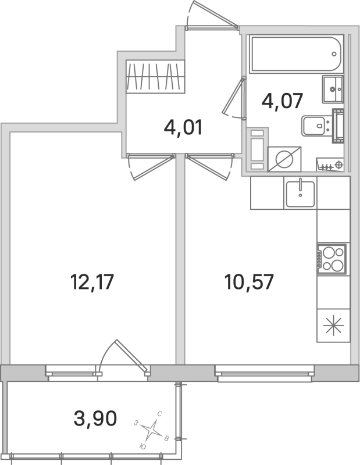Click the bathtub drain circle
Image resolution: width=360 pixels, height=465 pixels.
pyautogui.click(x=335, y=53)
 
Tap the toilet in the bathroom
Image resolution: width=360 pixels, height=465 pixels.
pyautogui.click(x=318, y=124)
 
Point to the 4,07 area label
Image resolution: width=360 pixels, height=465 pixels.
pyautogui.click(x=283, y=102)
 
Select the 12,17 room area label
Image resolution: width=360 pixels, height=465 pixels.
pyautogui.click(x=91, y=283)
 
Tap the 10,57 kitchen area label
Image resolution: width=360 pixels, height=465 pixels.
pyautogui.click(x=249, y=283)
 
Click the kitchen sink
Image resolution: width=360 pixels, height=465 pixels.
pyautogui.click(x=300, y=194)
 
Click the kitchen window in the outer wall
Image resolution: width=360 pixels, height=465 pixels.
pyautogui.click(x=265, y=372)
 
